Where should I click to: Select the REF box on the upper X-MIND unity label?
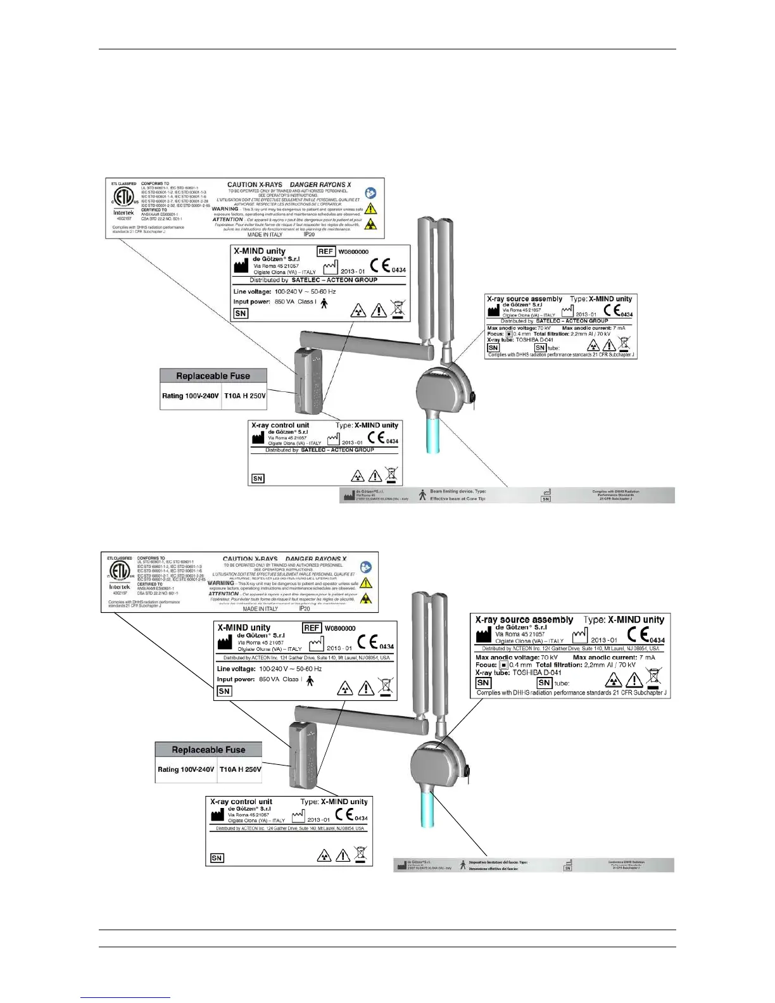(325, 251)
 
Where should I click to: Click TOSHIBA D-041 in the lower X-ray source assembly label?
(536, 672)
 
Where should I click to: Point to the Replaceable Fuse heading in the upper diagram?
(213, 376)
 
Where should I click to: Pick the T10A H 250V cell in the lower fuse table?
(240, 769)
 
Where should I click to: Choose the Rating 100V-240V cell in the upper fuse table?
(190, 396)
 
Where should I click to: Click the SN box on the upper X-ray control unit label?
(258, 479)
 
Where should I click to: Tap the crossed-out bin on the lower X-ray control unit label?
(360, 854)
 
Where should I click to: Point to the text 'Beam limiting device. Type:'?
(458, 491)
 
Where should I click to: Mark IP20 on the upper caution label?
(309, 234)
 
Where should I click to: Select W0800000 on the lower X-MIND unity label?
(340, 629)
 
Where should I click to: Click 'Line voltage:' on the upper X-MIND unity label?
(252, 292)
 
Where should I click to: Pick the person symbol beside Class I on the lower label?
(310, 681)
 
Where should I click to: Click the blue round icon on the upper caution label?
(370, 193)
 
